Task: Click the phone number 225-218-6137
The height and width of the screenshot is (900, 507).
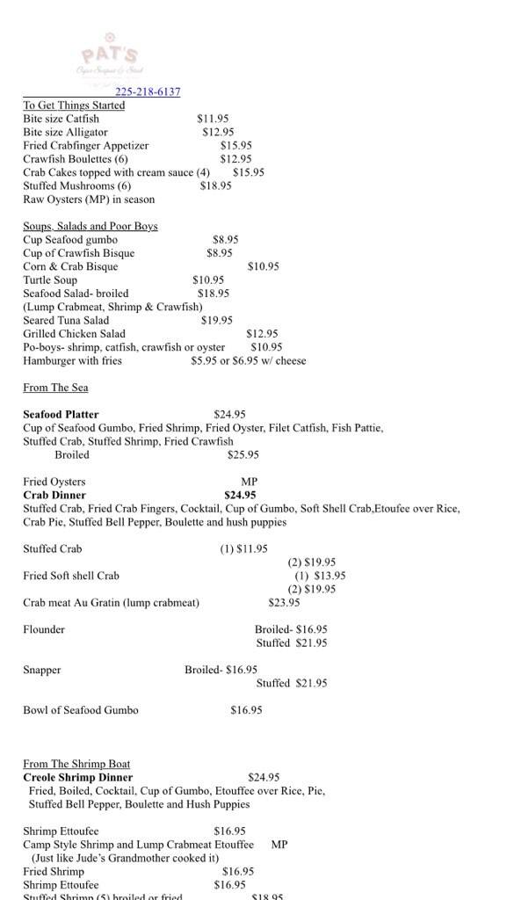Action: (x=148, y=92)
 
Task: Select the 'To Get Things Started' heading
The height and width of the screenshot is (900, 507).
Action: (x=74, y=105)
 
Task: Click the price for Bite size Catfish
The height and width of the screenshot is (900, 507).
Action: (x=213, y=119)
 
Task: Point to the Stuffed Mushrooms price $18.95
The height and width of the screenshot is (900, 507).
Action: (x=216, y=185)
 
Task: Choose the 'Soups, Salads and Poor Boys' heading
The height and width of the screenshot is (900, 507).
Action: (x=91, y=226)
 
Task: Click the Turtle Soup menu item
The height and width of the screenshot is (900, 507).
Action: (x=50, y=280)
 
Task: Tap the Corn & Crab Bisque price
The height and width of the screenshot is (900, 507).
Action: (x=264, y=266)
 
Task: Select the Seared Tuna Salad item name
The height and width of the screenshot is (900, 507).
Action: (x=66, y=321)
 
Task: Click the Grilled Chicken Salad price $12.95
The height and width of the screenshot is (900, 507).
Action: (x=262, y=334)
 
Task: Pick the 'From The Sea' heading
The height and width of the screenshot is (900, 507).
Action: (x=55, y=388)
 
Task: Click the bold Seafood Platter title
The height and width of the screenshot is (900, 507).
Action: (x=61, y=415)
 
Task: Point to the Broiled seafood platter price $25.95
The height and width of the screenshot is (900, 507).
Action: (x=243, y=455)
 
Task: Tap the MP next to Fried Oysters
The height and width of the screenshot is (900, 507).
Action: (x=250, y=482)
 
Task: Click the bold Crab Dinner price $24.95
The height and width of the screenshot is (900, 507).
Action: (x=240, y=495)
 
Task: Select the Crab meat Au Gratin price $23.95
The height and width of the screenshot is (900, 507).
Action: (x=284, y=603)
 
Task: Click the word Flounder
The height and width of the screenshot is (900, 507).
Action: (x=44, y=629)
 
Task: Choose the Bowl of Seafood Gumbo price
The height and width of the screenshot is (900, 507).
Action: (x=246, y=710)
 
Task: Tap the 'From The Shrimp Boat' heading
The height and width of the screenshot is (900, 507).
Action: (x=76, y=764)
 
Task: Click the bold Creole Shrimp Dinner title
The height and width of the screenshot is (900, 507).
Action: (x=78, y=777)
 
